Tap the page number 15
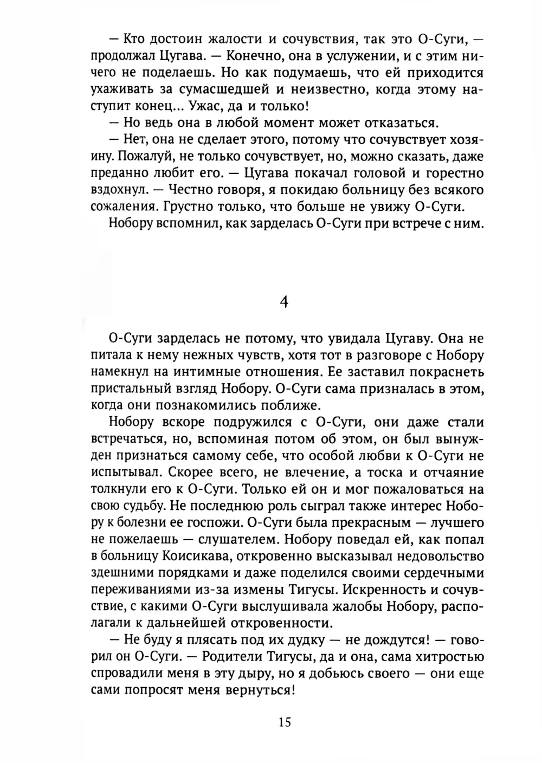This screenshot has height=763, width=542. click(x=284, y=722)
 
